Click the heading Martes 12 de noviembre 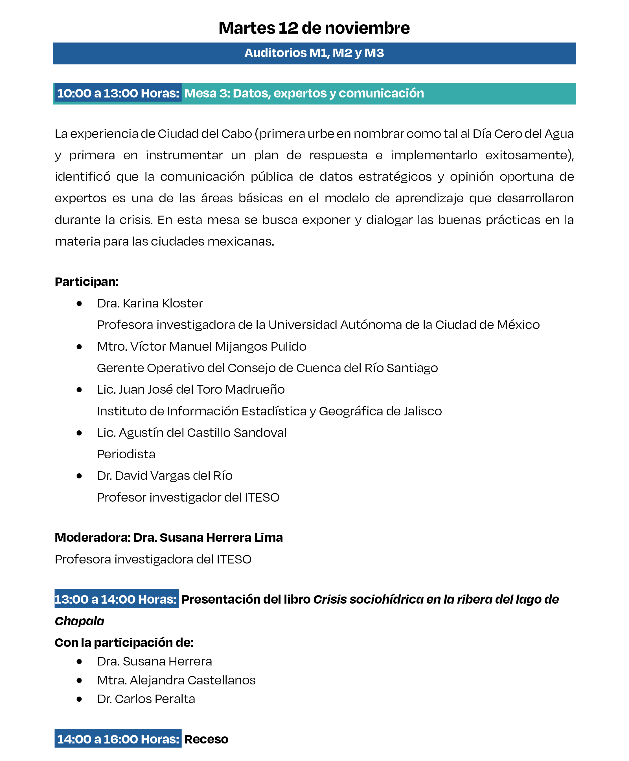point(314,28)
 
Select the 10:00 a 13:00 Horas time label point(118,93)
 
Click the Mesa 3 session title point(304,93)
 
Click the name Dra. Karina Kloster point(150,303)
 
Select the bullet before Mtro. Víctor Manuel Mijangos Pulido point(79,347)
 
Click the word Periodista point(126,454)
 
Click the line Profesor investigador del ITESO point(188,497)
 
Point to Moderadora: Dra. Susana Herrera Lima point(169,537)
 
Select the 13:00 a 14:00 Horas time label point(116,599)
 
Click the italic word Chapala point(79,621)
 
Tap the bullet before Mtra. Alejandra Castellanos point(79,680)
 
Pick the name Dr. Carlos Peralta point(146,699)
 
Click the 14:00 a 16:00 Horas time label point(118,739)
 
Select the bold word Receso point(206,739)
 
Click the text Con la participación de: point(124,643)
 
